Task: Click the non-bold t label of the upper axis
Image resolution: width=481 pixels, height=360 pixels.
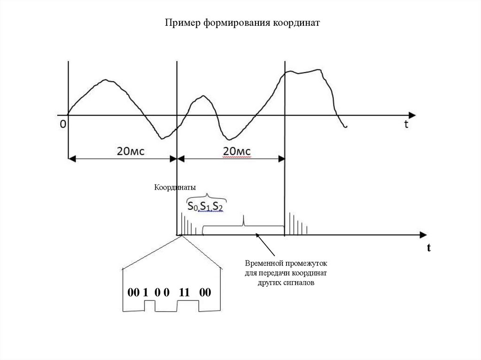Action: click(x=405, y=125)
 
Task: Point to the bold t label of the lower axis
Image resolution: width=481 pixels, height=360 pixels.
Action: click(x=428, y=248)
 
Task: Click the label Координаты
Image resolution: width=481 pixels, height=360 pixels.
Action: click(x=175, y=187)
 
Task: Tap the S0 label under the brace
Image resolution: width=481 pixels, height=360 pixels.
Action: click(x=191, y=207)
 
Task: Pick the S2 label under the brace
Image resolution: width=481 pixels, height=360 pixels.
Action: click(x=217, y=207)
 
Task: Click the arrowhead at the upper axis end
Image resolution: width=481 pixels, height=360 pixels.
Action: click(x=412, y=115)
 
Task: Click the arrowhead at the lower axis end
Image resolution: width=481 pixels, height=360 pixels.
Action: click(x=424, y=234)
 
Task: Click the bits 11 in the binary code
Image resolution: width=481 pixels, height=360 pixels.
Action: click(x=184, y=292)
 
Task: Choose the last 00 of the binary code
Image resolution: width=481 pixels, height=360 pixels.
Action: click(x=205, y=292)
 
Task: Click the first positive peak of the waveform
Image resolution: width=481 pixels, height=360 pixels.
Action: click(x=107, y=80)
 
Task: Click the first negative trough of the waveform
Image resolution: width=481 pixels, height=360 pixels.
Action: click(x=162, y=138)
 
